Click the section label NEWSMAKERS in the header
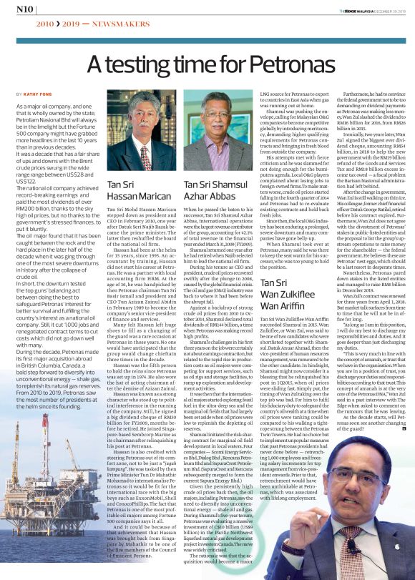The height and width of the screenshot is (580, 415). (108, 24)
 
